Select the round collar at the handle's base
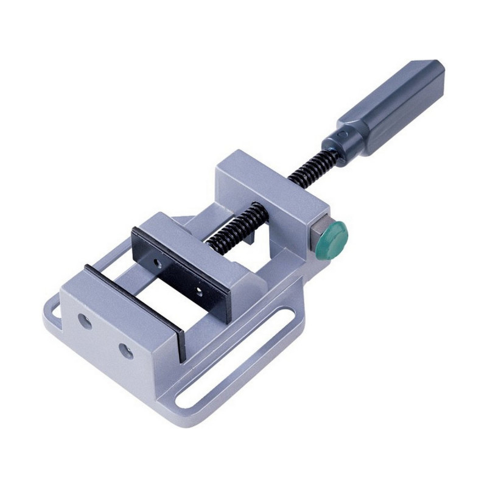[x=337, y=141]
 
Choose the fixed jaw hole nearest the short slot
[x=86, y=321]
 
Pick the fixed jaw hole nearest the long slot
[x=125, y=350]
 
